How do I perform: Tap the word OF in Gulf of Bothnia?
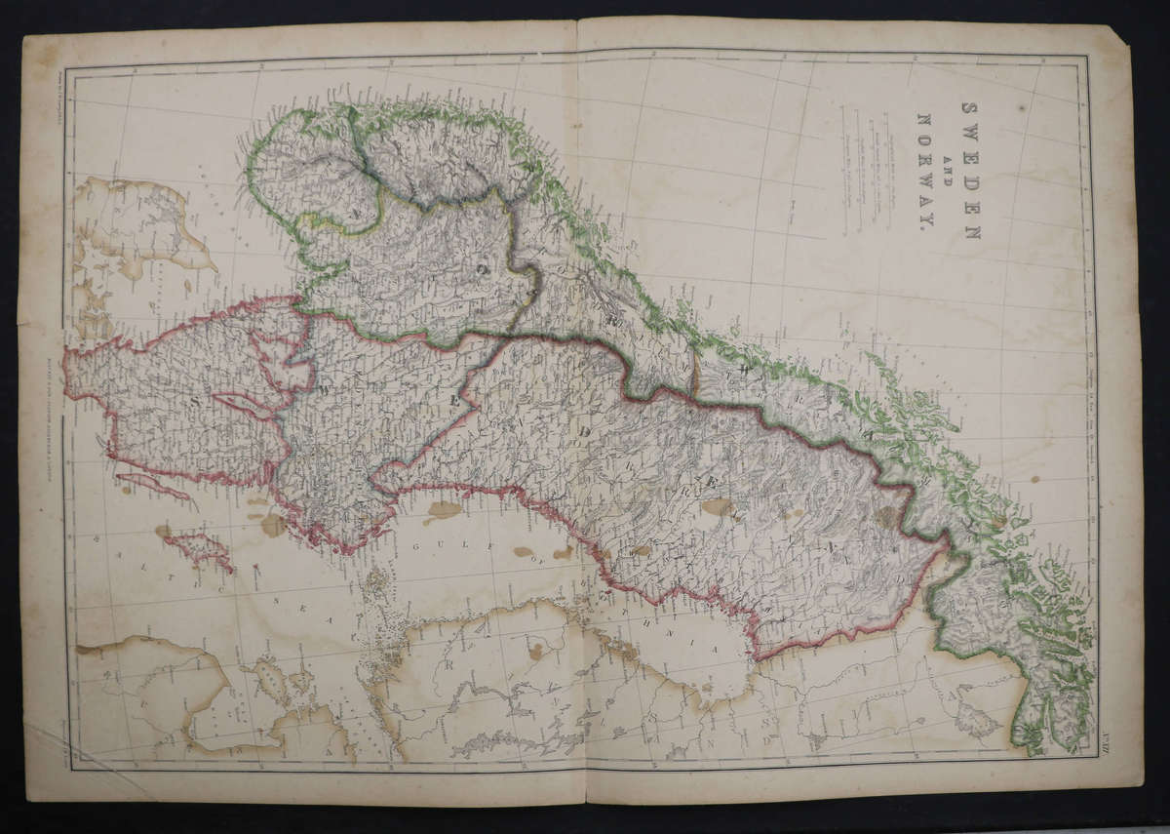tap(524, 552)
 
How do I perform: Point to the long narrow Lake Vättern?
tap(244, 405)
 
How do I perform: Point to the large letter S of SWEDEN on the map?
tap(196, 401)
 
